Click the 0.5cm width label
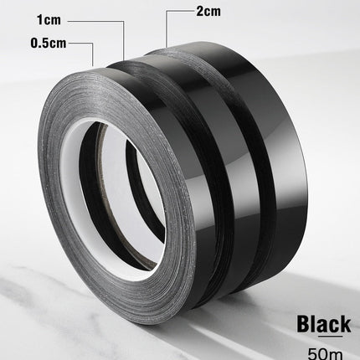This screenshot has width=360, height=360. [49, 43]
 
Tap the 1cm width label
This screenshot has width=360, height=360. [49, 20]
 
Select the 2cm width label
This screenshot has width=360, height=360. [208, 11]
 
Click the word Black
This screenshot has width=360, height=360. [323, 324]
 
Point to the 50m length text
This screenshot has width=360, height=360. [325, 353]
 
